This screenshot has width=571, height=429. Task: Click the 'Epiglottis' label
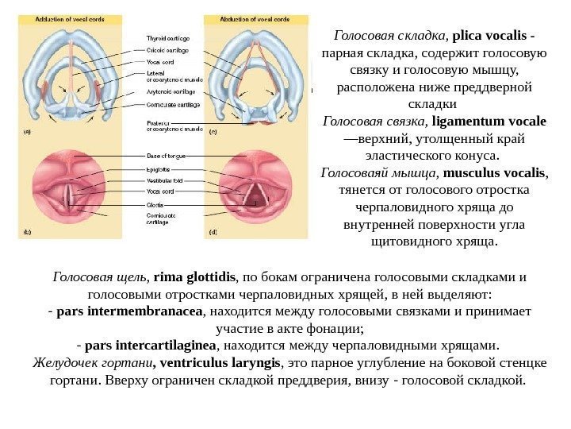[159, 169]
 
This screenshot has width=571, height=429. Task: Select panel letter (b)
[26, 233]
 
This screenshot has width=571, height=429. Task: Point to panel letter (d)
[213, 233]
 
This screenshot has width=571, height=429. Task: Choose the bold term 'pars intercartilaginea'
[150, 346]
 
